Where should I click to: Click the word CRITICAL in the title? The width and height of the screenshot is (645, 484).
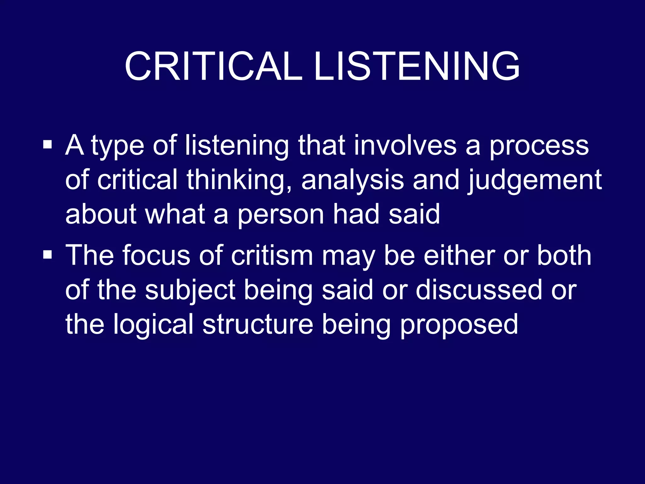tap(214, 67)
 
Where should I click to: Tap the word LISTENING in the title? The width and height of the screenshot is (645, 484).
tap(417, 67)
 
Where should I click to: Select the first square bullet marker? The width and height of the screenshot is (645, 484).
tap(48, 145)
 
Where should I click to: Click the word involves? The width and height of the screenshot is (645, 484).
tap(405, 146)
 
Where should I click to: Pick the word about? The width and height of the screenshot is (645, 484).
tap(101, 214)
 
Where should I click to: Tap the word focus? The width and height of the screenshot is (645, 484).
tap(156, 255)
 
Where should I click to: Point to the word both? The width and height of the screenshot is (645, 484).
tap(564, 255)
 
